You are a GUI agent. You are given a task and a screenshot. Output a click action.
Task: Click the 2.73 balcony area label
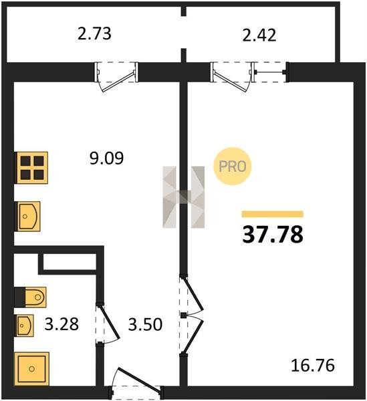pyautogui.click(x=94, y=34)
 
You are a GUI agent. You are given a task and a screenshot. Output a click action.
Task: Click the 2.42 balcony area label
pyautogui.click(x=259, y=35)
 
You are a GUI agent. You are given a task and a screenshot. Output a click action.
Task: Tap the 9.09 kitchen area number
pyautogui.click(x=107, y=158)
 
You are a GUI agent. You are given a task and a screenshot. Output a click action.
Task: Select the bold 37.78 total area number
pyautogui.click(x=273, y=235)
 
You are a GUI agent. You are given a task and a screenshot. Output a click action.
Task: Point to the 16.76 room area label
pyautogui.click(x=313, y=365)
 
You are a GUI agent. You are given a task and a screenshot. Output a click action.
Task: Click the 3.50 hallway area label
pyautogui.click(x=145, y=324)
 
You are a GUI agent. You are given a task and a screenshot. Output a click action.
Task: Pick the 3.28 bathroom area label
pyautogui.click(x=62, y=324)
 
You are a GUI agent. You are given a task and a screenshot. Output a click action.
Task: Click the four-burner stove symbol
pyautogui.click(x=31, y=168)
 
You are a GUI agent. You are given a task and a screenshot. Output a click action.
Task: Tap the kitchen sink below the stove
pyautogui.click(x=27, y=217)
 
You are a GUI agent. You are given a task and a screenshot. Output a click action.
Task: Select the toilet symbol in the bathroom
pyautogui.click(x=31, y=297)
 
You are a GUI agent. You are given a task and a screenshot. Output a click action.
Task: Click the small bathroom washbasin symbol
pyautogui.click(x=24, y=325)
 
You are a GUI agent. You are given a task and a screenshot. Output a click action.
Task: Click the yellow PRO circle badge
pyautogui.click(x=233, y=166)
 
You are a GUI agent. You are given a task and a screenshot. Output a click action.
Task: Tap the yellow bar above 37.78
pyautogui.click(x=273, y=214)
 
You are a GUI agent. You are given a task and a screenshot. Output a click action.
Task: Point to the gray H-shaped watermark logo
pyautogui.click(x=184, y=197)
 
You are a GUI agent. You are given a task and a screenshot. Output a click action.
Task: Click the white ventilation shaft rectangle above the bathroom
pyautogui.click(x=70, y=261)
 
